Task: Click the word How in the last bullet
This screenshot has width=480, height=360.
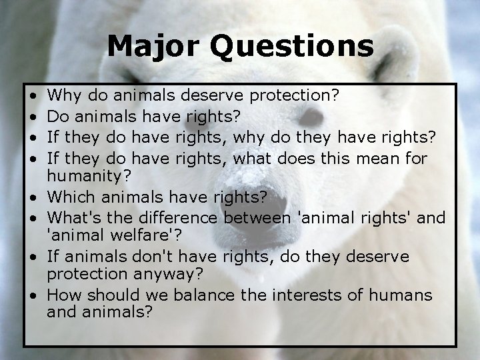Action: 63,295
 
